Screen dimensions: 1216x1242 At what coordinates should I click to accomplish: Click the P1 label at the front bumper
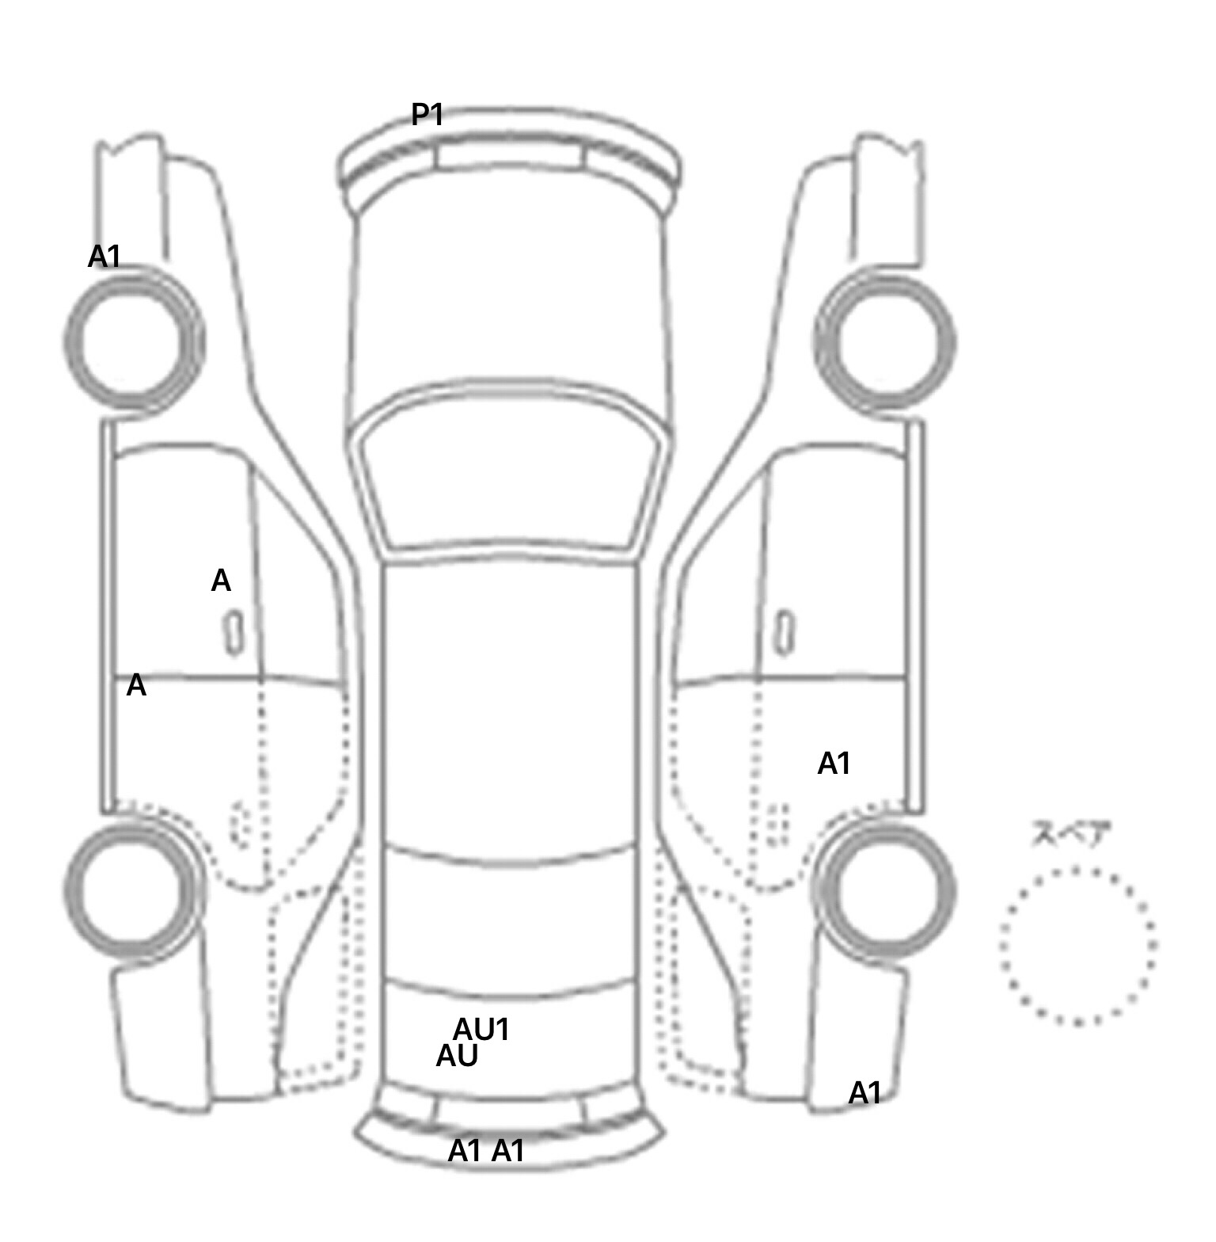point(427,115)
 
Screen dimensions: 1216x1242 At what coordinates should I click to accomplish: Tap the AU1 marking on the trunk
point(481,1030)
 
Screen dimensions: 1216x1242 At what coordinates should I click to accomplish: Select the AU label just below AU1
point(458,1056)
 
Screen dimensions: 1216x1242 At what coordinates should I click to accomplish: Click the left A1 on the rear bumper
point(465,1151)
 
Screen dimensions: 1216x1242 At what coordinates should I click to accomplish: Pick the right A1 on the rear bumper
point(508,1151)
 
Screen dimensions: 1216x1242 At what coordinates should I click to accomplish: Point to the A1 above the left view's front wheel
point(104,257)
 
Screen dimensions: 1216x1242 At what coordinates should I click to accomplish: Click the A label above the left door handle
point(221,581)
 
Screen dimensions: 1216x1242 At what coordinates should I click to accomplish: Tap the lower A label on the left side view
point(136,686)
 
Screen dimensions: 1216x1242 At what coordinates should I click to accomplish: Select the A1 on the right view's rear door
point(834,764)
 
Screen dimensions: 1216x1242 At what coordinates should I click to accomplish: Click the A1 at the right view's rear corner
point(865,1094)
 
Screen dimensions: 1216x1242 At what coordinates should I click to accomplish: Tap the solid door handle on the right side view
point(785,632)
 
